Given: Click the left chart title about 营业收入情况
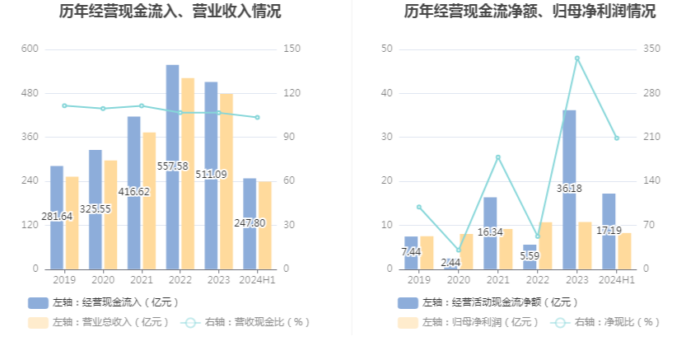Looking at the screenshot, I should coord(170,12).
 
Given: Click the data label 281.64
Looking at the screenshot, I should coord(57,216).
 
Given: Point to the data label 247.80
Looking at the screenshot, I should coord(250,222).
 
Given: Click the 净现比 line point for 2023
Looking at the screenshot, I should coord(576,58).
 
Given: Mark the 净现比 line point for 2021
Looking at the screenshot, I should coord(497,157).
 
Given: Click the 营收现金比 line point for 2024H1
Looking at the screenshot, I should coord(257,118).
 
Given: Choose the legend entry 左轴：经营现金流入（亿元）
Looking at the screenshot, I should coord(103,302).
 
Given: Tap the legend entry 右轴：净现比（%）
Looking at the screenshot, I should coord(606,322).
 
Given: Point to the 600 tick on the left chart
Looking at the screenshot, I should coord(30,49).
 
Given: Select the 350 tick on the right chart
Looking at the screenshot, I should coord(651,49).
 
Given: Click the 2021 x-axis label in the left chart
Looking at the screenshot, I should coord(142,280).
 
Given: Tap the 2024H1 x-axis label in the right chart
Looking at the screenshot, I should coord(616,280).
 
